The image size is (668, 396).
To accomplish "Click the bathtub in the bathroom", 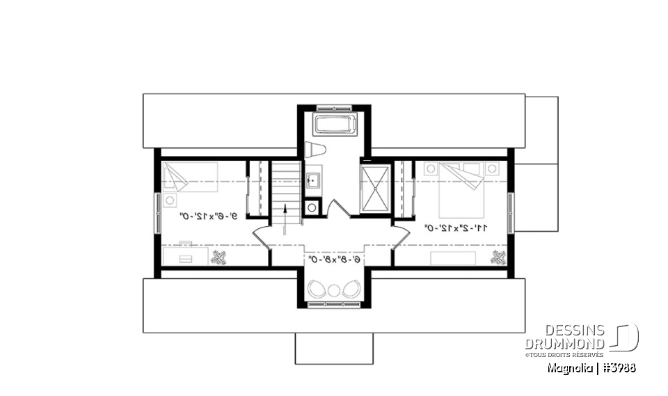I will [x=335, y=125].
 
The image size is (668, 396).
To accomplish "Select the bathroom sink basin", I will [x=312, y=181].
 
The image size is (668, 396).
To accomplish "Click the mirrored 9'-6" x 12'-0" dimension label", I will [x=209, y=216].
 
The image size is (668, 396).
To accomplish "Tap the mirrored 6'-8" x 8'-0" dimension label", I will [x=335, y=259].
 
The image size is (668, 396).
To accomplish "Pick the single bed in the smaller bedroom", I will [x=189, y=179].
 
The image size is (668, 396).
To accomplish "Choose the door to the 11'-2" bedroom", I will [x=401, y=236].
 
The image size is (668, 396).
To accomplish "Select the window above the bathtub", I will [x=335, y=108].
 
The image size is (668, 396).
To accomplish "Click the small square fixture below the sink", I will [x=312, y=207].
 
